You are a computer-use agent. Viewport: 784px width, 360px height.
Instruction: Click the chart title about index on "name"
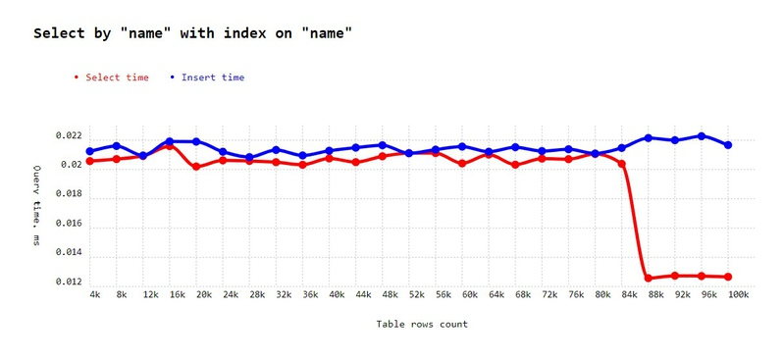tap(192, 34)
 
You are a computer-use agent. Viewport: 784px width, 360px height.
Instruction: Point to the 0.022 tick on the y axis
tap(69, 135)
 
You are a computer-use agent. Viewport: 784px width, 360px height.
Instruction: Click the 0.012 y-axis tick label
tap(69, 283)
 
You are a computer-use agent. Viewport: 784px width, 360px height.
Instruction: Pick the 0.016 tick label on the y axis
tap(69, 224)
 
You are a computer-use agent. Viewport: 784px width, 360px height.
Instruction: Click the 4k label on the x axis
tap(94, 294)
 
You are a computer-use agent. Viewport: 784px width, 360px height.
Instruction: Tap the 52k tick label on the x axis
tap(415, 294)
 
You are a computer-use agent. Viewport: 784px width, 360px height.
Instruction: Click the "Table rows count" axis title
tap(422, 324)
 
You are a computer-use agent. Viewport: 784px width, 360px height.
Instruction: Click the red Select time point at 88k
tap(649, 279)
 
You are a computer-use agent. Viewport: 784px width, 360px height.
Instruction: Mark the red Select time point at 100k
tap(728, 277)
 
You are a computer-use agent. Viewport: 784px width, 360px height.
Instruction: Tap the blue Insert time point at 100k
tap(728, 145)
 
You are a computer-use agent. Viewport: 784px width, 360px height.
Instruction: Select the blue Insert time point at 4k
tap(90, 152)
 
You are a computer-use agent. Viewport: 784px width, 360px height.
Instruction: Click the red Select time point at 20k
tap(196, 167)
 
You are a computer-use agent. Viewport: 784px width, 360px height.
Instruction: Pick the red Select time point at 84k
tap(622, 164)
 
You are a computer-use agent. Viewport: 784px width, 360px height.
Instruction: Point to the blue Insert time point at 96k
tap(702, 136)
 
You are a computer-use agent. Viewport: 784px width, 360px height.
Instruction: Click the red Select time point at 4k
tap(90, 161)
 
